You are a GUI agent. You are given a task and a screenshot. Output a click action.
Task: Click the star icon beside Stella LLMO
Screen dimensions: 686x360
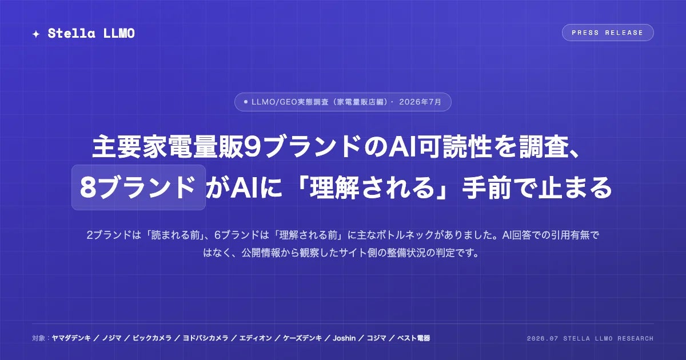[x=36, y=34]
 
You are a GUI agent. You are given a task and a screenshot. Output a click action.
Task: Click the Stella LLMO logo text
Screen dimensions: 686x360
[x=91, y=33]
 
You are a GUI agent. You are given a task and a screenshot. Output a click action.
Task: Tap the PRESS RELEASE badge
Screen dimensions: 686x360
[x=608, y=33]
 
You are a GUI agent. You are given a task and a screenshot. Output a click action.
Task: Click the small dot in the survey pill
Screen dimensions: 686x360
[x=246, y=102]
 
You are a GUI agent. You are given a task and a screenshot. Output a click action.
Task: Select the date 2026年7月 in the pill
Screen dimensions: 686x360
[x=420, y=102]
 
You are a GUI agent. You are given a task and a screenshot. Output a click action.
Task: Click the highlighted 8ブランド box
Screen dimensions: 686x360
[x=138, y=187]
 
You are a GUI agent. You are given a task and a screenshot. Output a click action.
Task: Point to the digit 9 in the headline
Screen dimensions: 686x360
[x=253, y=147]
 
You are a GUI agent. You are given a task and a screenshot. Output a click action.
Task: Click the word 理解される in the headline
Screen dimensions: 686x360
[x=372, y=187]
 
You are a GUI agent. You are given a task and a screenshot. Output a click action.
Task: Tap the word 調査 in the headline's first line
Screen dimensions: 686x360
[x=544, y=147]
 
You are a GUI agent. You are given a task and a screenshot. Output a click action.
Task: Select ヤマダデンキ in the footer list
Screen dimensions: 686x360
[x=71, y=338]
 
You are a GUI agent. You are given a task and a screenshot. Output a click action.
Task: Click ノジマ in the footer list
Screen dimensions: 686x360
[x=111, y=338]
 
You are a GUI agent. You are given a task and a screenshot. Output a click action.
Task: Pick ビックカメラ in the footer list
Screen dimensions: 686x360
[x=152, y=338]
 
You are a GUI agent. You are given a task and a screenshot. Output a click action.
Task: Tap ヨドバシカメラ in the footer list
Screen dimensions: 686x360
[x=205, y=338]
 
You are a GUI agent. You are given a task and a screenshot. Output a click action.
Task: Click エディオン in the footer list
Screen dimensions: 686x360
[x=256, y=338]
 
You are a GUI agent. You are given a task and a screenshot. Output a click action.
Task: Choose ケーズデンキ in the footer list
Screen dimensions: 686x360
[x=302, y=338]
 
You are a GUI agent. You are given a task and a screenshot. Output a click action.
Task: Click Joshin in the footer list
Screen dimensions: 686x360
[x=344, y=338]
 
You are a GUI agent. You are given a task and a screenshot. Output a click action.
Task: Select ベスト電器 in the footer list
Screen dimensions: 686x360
[x=413, y=338]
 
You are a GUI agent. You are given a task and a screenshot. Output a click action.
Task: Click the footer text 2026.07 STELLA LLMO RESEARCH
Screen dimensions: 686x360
[x=590, y=338]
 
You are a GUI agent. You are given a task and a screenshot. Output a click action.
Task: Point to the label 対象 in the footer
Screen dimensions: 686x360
[x=39, y=338]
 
